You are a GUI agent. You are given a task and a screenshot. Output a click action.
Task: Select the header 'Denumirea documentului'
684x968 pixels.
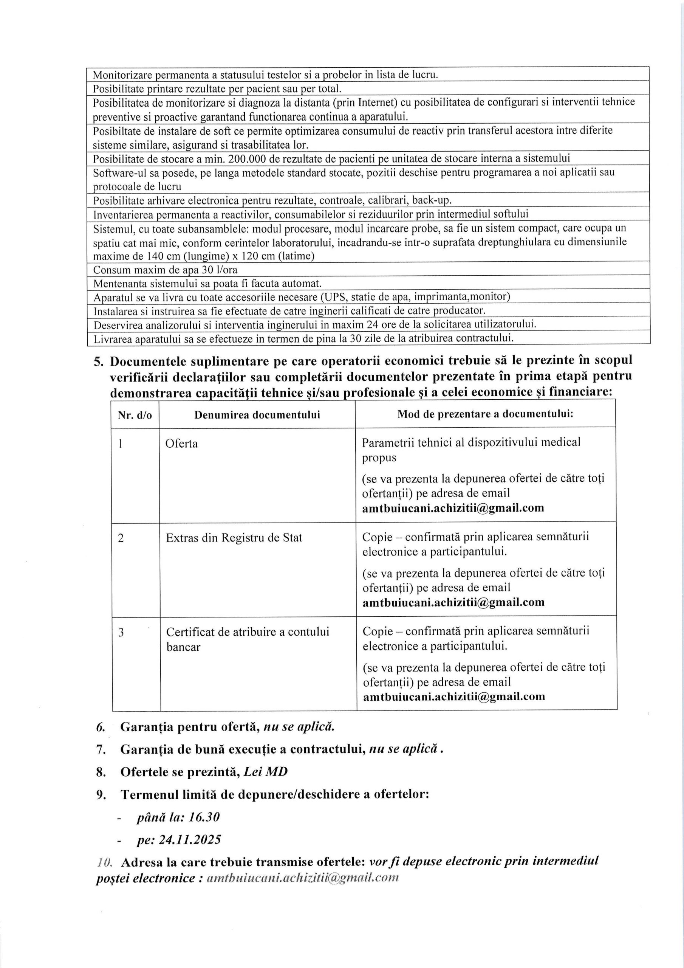point(257,415)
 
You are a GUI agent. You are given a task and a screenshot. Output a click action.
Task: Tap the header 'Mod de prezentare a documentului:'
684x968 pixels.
point(485,414)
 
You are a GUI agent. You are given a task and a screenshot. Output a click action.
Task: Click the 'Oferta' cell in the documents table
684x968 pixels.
point(182,444)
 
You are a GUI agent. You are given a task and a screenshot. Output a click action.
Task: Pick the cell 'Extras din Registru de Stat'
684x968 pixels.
point(234,538)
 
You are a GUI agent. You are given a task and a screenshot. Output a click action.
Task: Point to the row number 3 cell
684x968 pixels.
point(121,632)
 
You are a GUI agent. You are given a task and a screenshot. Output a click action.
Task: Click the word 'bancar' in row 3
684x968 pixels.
point(183,647)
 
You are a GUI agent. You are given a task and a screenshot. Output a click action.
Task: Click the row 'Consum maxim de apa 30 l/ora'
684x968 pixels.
point(165,270)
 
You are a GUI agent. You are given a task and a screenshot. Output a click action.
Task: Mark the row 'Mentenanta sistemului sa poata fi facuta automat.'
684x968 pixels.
point(207,283)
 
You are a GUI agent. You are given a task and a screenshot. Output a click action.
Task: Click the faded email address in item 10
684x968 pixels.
point(300,878)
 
